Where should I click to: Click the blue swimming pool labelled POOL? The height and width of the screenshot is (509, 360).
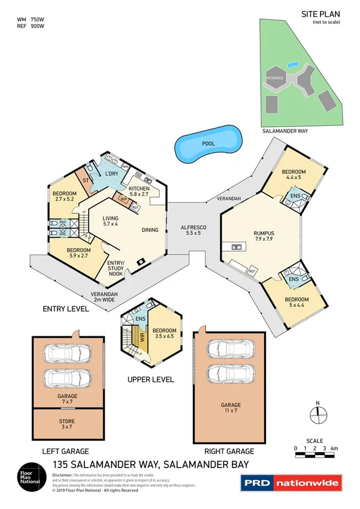coord(208,144)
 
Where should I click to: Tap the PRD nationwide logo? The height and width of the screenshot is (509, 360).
coord(290,483)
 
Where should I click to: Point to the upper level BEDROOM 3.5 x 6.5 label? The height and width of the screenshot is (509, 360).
coord(164,334)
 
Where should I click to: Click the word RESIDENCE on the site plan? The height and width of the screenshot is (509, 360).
coord(275,79)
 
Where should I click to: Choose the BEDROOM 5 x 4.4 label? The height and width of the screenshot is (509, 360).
coord(297,303)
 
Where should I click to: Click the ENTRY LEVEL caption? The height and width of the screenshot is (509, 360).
coord(66,309)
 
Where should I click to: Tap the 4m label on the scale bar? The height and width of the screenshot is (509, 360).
coord(334,448)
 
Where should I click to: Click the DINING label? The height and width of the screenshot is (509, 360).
coord(150,230)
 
